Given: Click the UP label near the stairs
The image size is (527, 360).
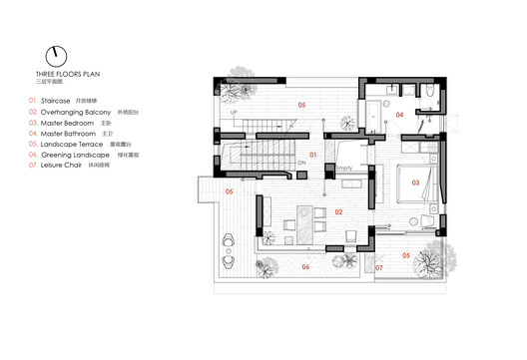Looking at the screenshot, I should pyautogui.click(x=236, y=112).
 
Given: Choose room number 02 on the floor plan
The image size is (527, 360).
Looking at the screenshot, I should pyautogui.click(x=338, y=211).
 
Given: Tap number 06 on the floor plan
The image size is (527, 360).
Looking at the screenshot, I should pyautogui.click(x=306, y=266).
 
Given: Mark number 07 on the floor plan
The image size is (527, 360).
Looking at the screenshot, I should pyautogui.click(x=377, y=267).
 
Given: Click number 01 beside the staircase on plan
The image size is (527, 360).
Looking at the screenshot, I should pyautogui.click(x=312, y=155).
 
